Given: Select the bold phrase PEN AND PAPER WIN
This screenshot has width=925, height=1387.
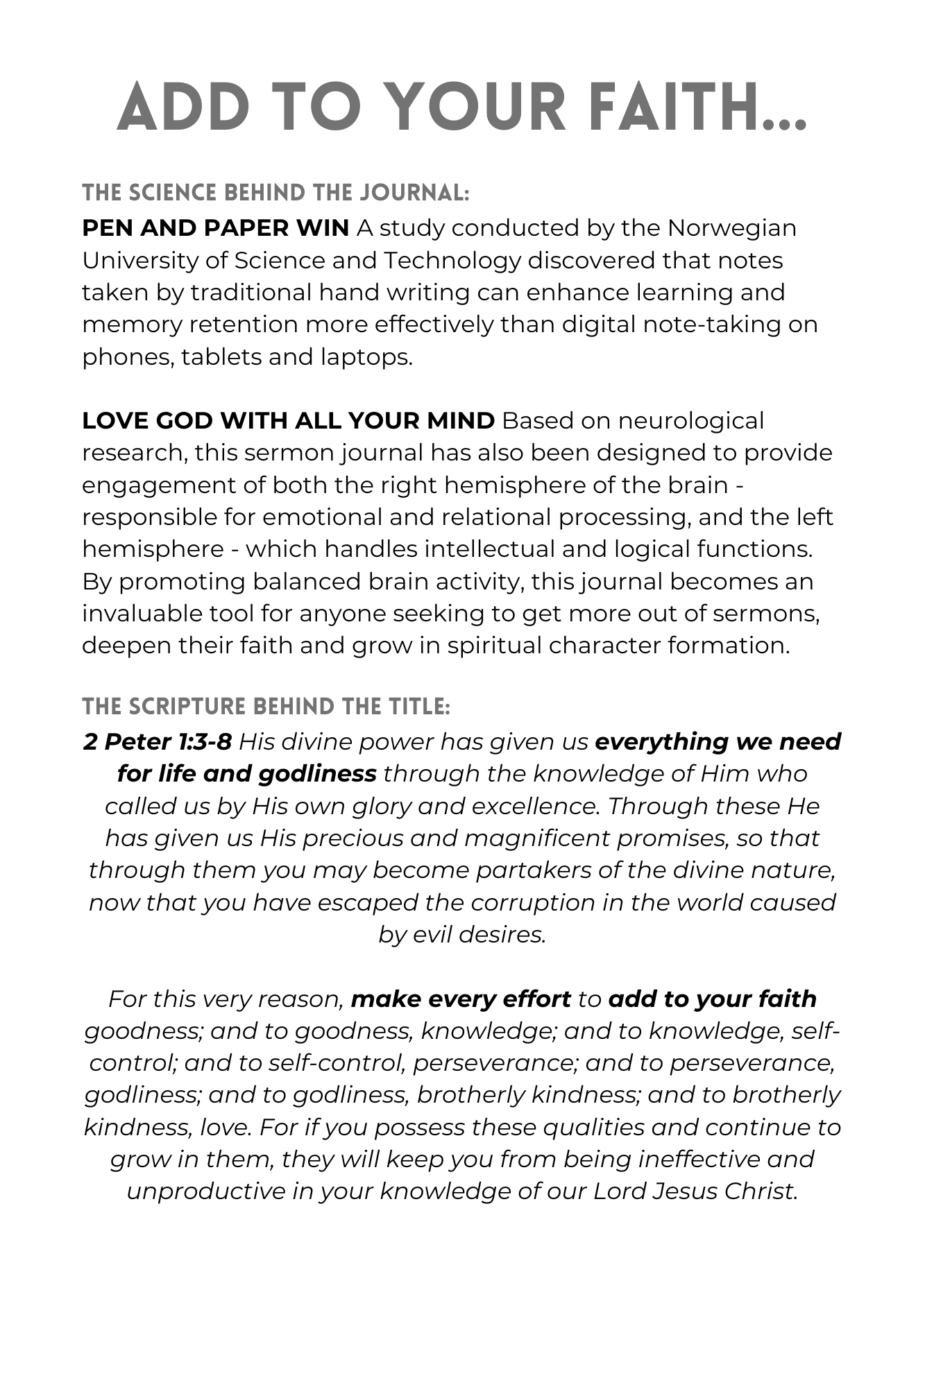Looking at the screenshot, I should [x=215, y=228].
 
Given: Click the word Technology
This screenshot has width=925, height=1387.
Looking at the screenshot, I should [x=452, y=260].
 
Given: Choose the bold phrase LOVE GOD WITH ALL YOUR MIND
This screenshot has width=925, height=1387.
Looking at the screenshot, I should [x=288, y=421].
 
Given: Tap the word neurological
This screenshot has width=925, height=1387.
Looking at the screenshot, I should [x=690, y=421].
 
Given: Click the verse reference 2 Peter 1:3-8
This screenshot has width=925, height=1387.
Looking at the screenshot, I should [x=157, y=742].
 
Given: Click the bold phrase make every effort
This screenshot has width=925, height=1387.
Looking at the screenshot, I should [x=461, y=999].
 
